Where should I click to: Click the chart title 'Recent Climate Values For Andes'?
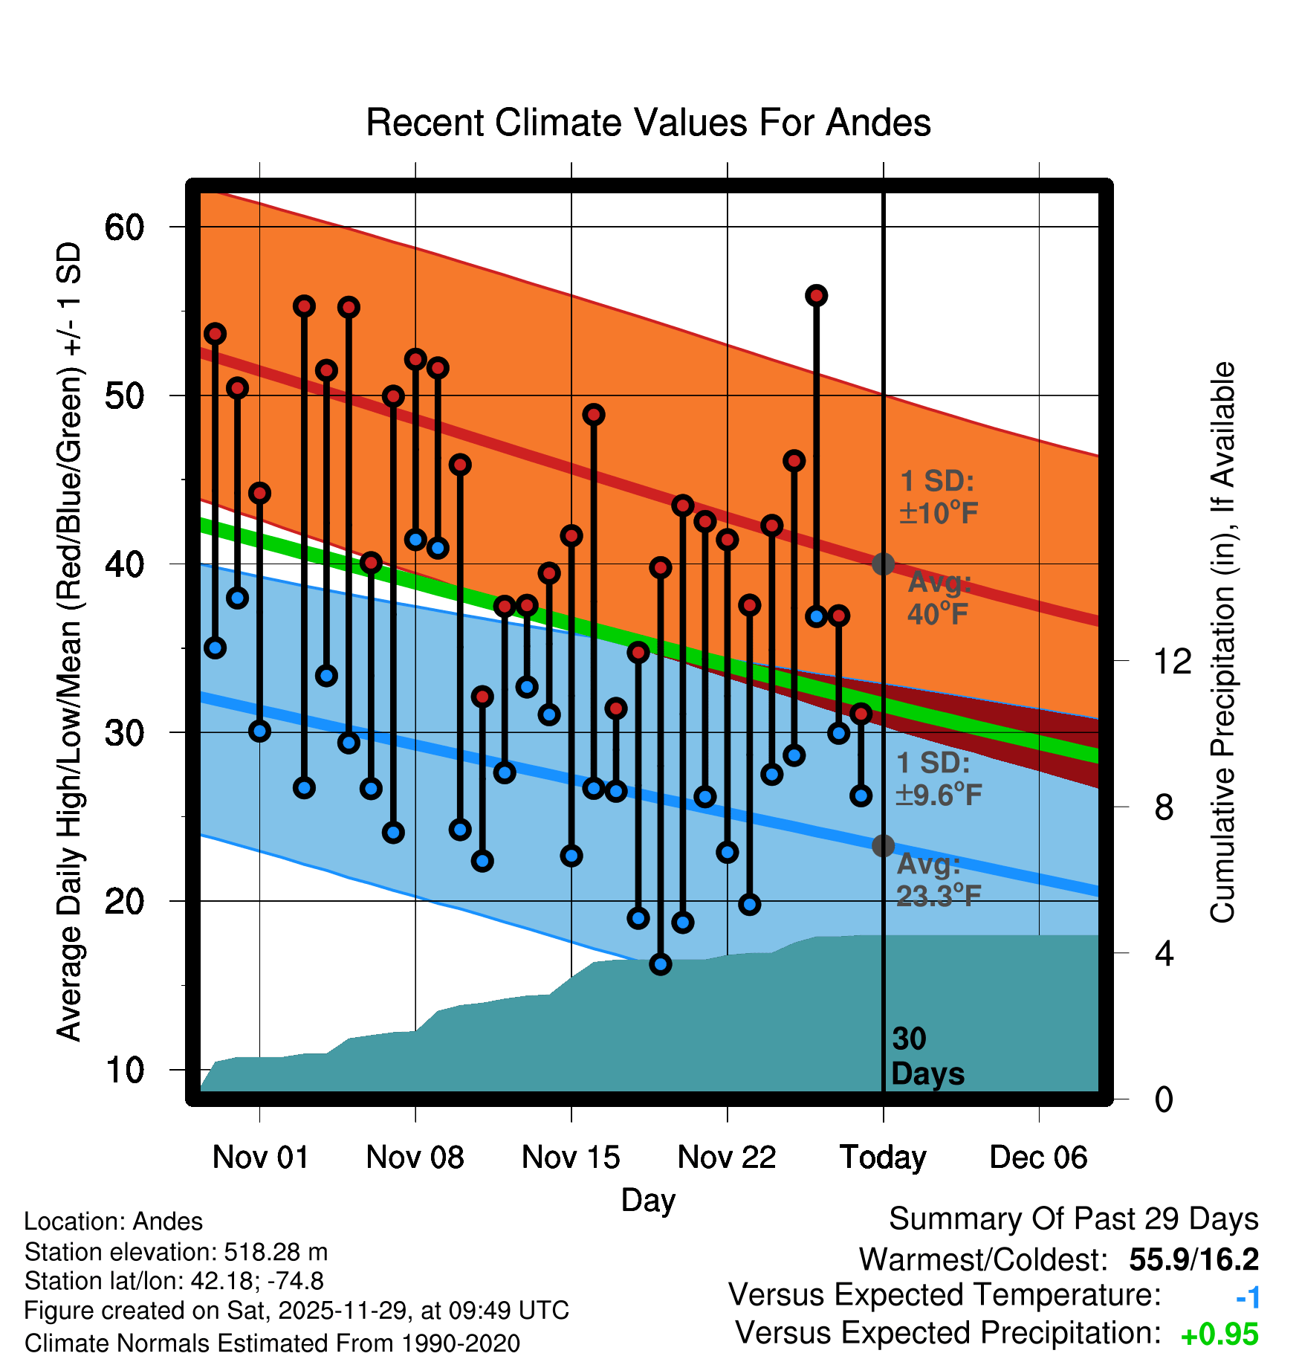[648, 123]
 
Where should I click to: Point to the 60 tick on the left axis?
[124, 227]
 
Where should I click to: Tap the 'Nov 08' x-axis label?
[415, 1158]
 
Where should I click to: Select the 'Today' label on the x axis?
[883, 1158]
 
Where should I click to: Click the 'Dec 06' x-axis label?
[1038, 1158]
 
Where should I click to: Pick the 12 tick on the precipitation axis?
[1173, 661]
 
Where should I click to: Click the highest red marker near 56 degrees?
[816, 296]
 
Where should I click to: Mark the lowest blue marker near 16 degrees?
[661, 964]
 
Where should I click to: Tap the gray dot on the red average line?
[883, 564]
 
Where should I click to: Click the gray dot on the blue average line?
[883, 845]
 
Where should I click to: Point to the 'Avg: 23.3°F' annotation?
[938, 880]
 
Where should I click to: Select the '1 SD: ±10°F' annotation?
[938, 497]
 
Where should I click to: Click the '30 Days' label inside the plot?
[927, 1056]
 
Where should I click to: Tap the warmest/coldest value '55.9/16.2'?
[1193, 1259]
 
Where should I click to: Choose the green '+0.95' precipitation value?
[1219, 1334]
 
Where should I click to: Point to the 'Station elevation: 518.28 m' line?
[176, 1252]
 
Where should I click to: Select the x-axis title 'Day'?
[648, 1200]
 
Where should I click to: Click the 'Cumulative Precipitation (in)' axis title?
[1222, 642]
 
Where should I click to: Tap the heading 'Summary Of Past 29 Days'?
[1073, 1219]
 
